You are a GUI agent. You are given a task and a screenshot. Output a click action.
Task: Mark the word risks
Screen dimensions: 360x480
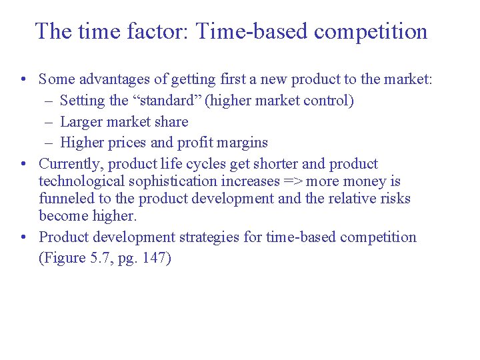point(395,199)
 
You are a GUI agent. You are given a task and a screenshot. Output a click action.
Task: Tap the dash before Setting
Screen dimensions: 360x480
point(51,101)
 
